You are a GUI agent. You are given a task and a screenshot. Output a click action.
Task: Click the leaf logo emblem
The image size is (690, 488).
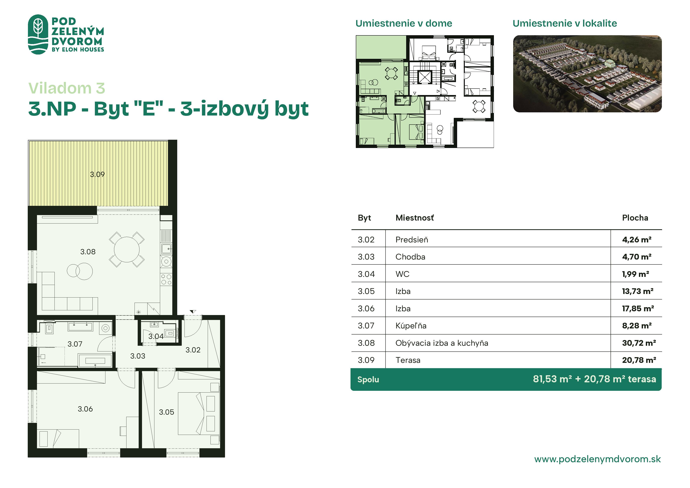click(x=38, y=34)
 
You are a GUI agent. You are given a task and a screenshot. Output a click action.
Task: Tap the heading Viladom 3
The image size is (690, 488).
click(x=67, y=88)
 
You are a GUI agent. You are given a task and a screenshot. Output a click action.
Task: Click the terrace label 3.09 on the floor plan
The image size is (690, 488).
click(x=97, y=174)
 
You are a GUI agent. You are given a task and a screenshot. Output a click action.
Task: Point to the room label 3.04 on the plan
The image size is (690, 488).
click(x=156, y=336)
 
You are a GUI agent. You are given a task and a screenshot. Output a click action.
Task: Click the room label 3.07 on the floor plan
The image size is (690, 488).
click(x=75, y=344)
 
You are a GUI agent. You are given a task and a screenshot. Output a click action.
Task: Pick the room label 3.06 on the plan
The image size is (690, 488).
click(x=85, y=409)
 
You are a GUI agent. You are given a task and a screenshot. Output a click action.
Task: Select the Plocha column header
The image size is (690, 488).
click(x=635, y=218)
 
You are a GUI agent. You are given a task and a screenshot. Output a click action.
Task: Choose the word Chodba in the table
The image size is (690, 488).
click(x=410, y=257)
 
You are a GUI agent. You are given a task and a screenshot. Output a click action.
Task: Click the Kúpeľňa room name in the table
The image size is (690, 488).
click(x=411, y=326)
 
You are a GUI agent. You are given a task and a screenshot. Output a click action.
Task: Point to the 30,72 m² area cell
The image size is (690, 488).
click(x=639, y=343)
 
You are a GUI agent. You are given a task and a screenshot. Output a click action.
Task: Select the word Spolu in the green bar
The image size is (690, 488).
click(x=368, y=379)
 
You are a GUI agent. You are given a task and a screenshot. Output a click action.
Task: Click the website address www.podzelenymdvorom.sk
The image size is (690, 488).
click(x=597, y=459)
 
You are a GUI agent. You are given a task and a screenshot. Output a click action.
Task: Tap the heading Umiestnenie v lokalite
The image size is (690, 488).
click(x=565, y=23)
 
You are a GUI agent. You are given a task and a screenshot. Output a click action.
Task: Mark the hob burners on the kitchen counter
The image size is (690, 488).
click(x=166, y=279)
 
